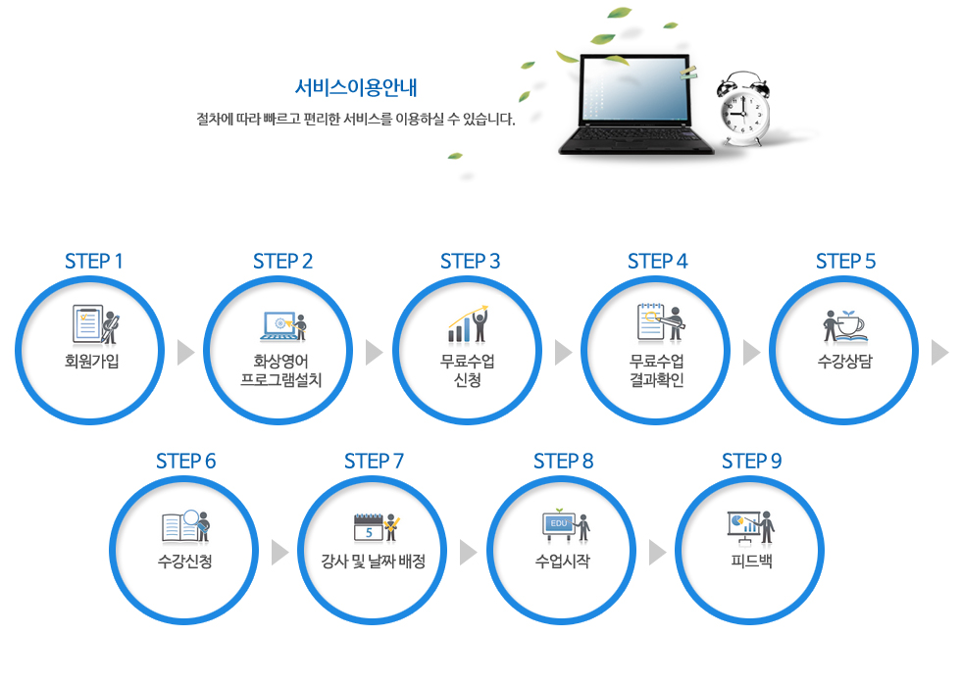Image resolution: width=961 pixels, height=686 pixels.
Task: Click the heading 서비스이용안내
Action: pyautogui.click(x=355, y=87)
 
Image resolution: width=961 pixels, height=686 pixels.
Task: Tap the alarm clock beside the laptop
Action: pyautogui.click(x=743, y=109)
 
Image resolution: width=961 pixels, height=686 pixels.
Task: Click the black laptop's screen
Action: pyautogui.click(x=633, y=90)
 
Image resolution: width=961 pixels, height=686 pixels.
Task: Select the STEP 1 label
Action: pyautogui.click(x=94, y=262)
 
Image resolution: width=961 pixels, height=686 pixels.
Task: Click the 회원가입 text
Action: pyautogui.click(x=92, y=361)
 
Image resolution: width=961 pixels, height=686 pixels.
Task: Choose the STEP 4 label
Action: pyautogui.click(x=658, y=262)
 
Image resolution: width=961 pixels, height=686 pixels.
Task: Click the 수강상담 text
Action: pyautogui.click(x=844, y=361)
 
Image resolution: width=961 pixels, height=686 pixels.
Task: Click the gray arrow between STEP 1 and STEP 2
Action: pyautogui.click(x=185, y=352)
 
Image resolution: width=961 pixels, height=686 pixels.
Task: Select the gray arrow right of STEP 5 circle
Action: pyautogui.click(x=939, y=352)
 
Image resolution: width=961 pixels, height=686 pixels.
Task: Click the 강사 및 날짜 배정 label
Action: pyautogui.click(x=374, y=561)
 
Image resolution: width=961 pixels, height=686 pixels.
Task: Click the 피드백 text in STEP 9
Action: pyautogui.click(x=751, y=561)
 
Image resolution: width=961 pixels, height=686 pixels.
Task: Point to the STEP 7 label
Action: pyautogui.click(x=374, y=462)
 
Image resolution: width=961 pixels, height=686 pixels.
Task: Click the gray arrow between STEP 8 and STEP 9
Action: pyautogui.click(x=657, y=553)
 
